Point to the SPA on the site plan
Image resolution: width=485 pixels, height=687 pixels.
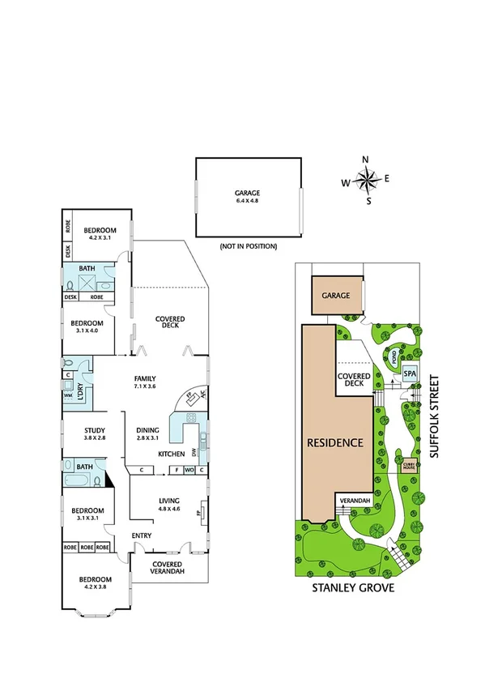[x=410, y=375]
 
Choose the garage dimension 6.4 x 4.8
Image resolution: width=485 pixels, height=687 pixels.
[x=248, y=199]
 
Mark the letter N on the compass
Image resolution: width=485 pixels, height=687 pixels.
[x=365, y=160]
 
